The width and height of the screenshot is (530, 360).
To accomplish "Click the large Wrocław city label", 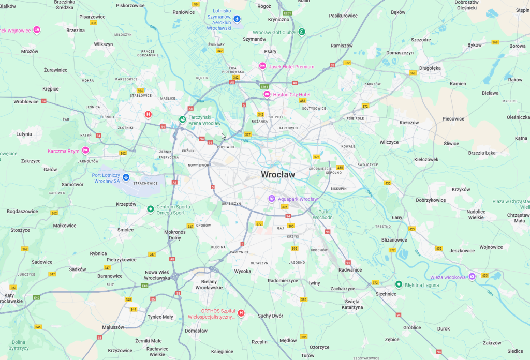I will (278, 175).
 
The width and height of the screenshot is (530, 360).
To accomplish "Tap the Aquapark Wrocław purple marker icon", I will (271, 199).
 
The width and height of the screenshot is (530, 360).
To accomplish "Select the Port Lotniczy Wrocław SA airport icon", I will (126, 177).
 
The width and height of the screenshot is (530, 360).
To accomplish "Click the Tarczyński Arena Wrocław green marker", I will (182, 120).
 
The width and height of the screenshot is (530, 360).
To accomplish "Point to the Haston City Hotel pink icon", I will (267, 94).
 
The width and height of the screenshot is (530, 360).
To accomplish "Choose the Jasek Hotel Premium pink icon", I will (262, 66).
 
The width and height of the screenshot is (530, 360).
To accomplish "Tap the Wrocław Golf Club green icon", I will (302, 32).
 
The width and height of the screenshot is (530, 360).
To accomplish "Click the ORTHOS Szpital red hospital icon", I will (241, 313).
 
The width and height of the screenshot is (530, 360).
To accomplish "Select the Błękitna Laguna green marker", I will (399, 284).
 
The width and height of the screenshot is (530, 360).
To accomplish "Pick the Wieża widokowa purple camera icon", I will (472, 277).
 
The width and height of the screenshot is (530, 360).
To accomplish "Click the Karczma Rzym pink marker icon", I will (85, 151).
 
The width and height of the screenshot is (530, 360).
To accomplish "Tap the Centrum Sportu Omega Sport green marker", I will (150, 209).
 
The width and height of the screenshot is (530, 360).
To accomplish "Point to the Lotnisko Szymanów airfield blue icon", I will (237, 19).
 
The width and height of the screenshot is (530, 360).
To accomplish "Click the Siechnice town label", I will (386, 294).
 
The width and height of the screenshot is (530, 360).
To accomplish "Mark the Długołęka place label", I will (430, 67).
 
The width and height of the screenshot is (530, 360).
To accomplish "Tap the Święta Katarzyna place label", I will (352, 304).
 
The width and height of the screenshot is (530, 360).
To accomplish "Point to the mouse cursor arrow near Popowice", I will (223, 136).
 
